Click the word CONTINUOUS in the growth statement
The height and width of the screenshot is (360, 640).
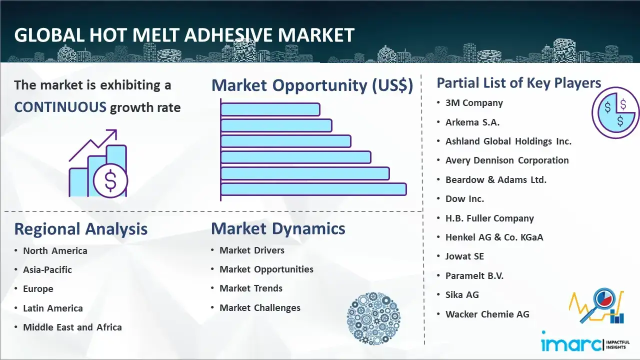point(60,107)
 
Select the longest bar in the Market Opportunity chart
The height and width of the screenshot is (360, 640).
point(313,189)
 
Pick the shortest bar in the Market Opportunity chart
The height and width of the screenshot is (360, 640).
point(270,109)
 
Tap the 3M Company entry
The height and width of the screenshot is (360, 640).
point(474,103)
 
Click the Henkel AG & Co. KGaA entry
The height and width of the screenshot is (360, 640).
point(494,237)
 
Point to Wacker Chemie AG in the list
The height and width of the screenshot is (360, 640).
point(487,314)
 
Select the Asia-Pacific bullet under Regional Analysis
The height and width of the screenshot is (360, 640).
point(47,269)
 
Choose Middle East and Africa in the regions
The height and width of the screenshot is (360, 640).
point(72,327)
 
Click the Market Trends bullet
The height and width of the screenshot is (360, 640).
point(251,288)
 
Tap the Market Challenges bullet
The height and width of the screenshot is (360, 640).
point(260,307)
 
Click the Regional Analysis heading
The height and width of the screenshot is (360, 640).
point(81,229)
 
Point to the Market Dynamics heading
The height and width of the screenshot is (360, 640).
point(278,228)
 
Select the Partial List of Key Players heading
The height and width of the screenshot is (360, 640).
point(519,83)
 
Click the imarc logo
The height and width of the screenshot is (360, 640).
point(585,342)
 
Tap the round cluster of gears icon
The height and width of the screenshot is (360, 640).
point(373,318)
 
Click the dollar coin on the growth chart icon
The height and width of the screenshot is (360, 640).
point(110,181)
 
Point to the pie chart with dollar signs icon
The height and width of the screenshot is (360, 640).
point(615,113)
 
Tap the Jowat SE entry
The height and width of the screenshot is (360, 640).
point(464,256)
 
